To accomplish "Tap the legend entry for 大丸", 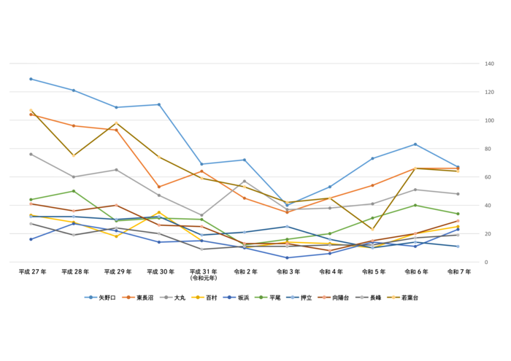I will [x=178, y=298].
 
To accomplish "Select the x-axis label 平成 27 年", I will [x=32, y=271].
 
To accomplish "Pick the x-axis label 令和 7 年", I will [x=458, y=271].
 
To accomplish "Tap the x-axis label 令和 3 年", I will [x=288, y=271].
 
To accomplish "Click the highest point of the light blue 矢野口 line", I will [x=31, y=79].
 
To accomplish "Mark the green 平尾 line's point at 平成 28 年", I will [x=73, y=191].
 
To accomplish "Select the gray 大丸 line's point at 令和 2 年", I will [x=245, y=181].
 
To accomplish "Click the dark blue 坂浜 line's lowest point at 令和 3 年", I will [x=287, y=257].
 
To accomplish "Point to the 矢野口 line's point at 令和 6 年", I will [x=415, y=144].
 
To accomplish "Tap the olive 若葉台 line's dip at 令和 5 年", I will [x=372, y=230].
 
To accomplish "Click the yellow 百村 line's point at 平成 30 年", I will [x=159, y=212].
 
